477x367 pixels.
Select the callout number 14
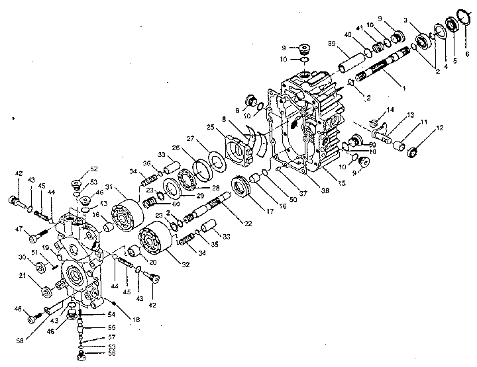391,110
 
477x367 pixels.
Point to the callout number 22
248,224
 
